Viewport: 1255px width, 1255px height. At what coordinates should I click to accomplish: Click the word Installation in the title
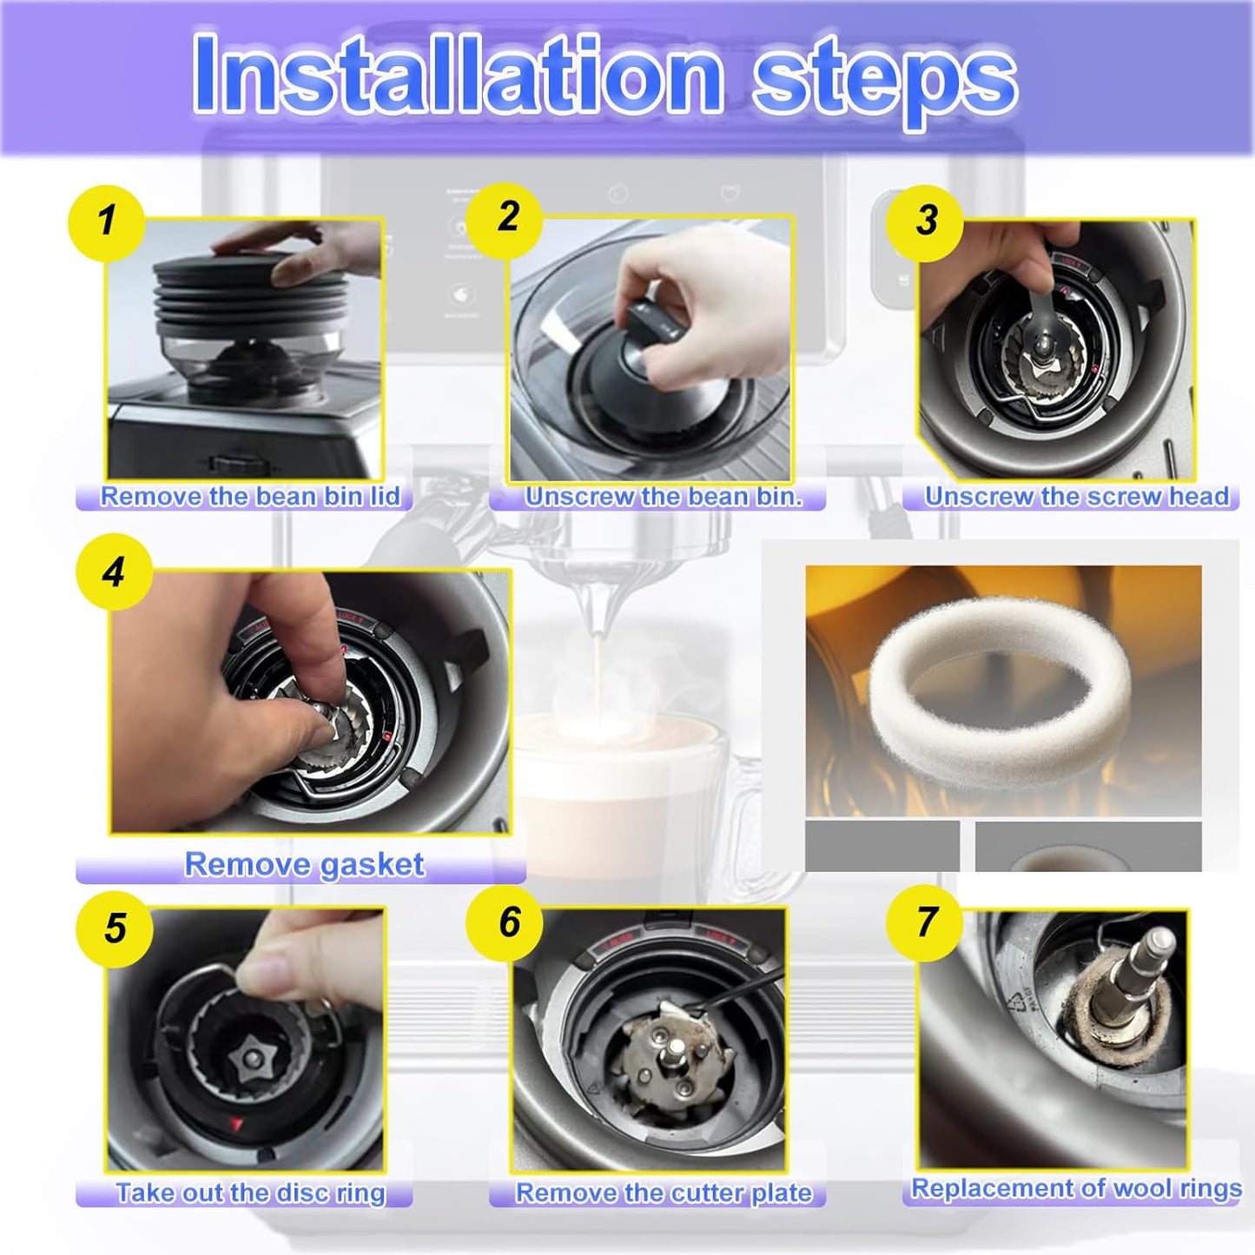click(x=458, y=76)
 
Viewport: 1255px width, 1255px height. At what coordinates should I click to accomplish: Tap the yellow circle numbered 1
click(x=106, y=222)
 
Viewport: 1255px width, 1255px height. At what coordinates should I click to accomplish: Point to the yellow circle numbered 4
click(x=114, y=572)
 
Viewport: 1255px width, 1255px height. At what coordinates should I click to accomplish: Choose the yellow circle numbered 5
click(x=116, y=928)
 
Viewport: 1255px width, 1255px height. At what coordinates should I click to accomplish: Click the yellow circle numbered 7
click(x=926, y=923)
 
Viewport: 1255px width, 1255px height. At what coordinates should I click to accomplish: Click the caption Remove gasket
click(x=304, y=865)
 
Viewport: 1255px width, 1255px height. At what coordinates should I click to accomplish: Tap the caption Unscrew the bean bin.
click(x=664, y=497)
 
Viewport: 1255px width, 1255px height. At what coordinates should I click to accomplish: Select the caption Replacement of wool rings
click(x=1076, y=1188)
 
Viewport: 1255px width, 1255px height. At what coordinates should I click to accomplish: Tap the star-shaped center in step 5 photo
click(x=251, y=1059)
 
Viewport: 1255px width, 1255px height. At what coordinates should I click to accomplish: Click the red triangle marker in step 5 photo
click(x=236, y=1126)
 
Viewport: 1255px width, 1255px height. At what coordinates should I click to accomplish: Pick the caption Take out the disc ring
click(x=250, y=1193)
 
